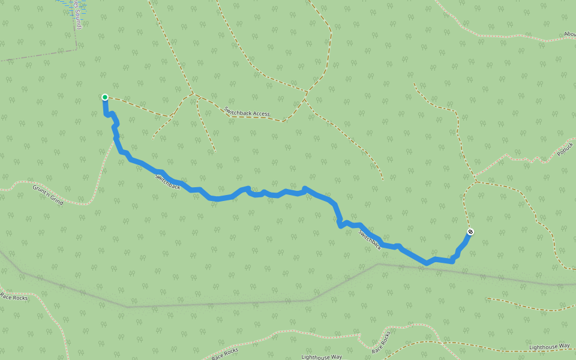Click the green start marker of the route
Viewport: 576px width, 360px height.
(105, 97)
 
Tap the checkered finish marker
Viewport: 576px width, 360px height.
(470, 232)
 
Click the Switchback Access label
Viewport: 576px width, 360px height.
(247, 112)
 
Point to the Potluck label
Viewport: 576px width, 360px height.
(566, 149)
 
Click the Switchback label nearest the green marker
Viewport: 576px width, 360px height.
(167, 182)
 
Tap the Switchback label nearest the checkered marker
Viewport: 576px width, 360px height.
(370, 238)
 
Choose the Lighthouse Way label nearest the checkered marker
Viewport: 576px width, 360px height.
(549, 346)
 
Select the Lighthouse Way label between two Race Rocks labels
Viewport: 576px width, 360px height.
(322, 357)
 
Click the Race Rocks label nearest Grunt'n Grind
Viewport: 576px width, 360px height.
(14, 297)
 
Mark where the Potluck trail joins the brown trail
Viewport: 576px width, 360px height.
(476, 181)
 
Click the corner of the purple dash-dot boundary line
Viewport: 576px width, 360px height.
(76, 49)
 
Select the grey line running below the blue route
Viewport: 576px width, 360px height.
(240, 302)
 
